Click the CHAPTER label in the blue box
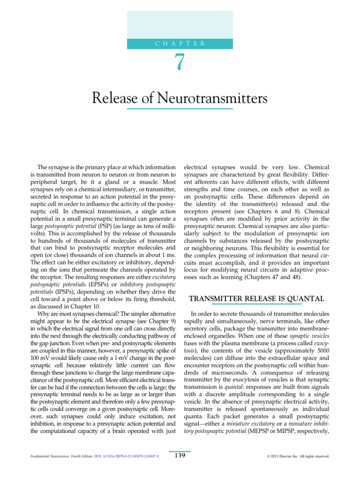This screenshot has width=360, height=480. click(x=180, y=43)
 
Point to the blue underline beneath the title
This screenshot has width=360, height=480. click(x=180, y=109)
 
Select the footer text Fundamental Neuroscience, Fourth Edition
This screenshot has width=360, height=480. click(x=61, y=456)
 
